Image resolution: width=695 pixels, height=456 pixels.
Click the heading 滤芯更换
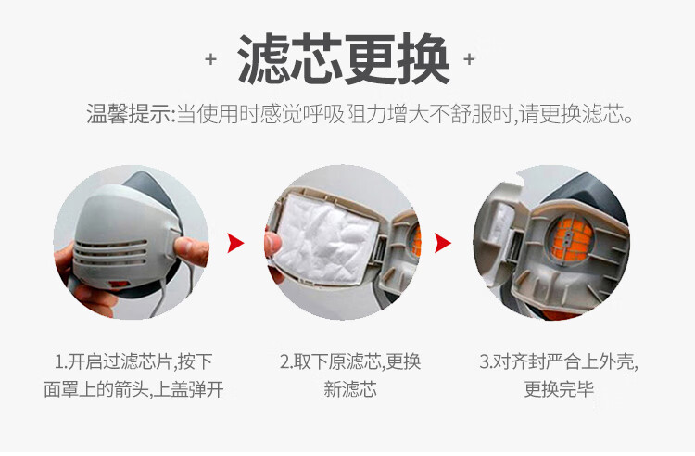point(344,59)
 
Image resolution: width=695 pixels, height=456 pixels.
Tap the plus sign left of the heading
point(211,59)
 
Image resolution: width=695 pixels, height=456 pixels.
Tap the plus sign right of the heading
point(469,59)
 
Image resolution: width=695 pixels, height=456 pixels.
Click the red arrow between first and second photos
point(235,243)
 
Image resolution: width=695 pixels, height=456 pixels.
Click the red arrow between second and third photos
point(443,243)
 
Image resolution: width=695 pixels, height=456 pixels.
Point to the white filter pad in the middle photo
point(327,239)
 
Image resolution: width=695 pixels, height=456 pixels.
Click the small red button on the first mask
point(119,284)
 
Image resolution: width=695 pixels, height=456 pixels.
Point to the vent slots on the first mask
point(110,253)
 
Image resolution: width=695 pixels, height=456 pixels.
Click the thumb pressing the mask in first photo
point(191,251)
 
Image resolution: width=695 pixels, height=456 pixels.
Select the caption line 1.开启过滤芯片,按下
point(133,362)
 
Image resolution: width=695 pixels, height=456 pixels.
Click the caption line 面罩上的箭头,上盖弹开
point(133,389)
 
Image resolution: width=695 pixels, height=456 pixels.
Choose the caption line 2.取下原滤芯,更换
point(349,362)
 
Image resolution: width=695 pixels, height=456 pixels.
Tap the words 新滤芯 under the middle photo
point(349,389)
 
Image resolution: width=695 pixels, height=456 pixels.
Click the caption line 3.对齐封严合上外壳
point(559,362)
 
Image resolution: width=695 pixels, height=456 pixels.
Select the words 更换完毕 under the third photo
point(559,389)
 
